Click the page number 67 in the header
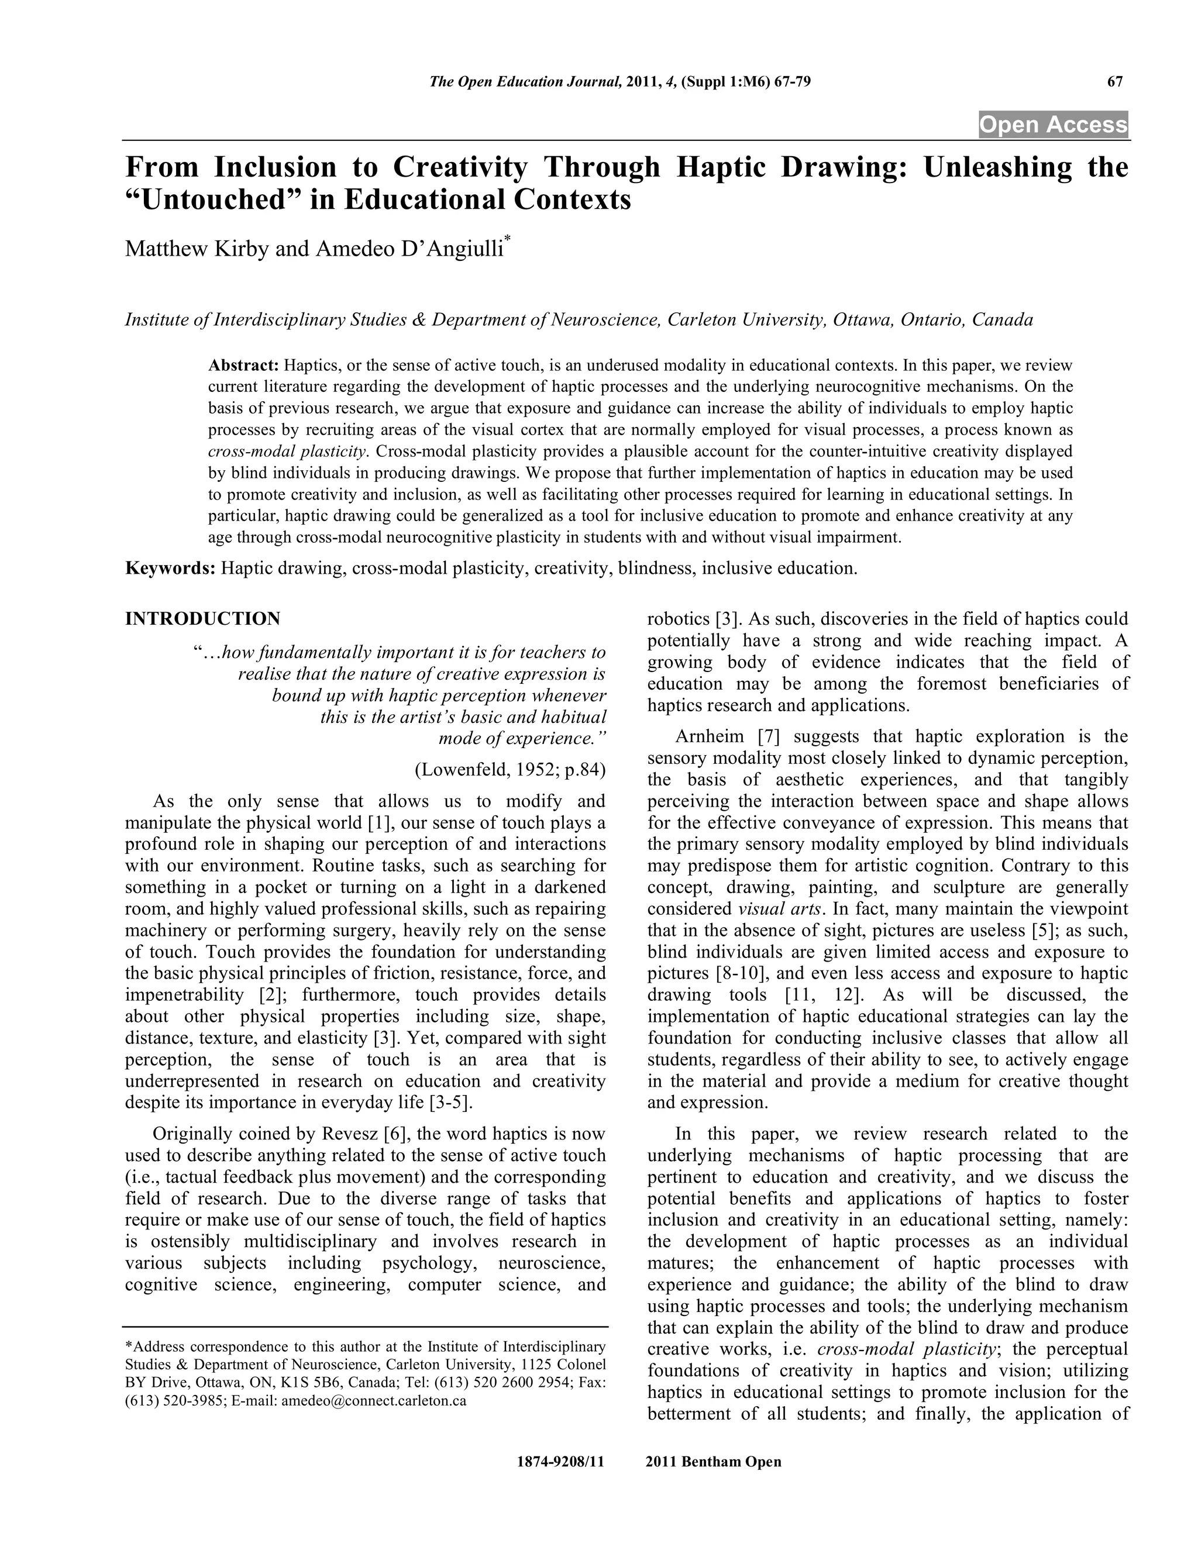pyautogui.click(x=1114, y=81)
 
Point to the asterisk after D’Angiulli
pyautogui.click(x=507, y=243)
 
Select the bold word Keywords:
pyautogui.click(x=170, y=569)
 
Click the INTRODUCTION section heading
pyautogui.click(x=202, y=619)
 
